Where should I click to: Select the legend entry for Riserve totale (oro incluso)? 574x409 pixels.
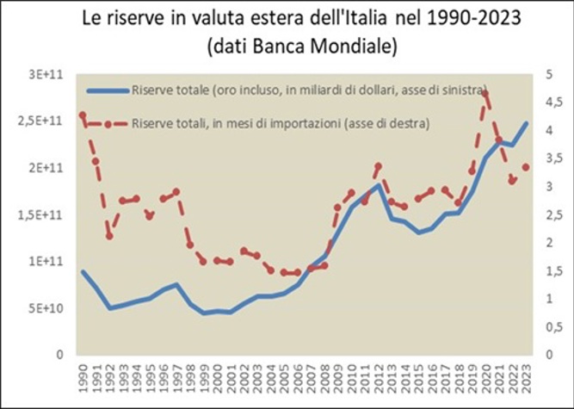tap(309, 90)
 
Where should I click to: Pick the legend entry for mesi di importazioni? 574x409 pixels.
tap(280, 125)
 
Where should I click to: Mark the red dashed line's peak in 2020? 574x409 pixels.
tap(486, 95)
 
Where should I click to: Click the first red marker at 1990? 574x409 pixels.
tap(83, 115)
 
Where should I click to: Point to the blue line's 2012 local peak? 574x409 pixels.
tap(378, 185)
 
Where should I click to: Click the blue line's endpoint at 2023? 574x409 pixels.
tap(526, 123)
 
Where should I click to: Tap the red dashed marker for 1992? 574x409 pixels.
tap(109, 235)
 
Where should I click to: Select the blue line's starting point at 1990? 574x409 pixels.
tap(83, 271)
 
